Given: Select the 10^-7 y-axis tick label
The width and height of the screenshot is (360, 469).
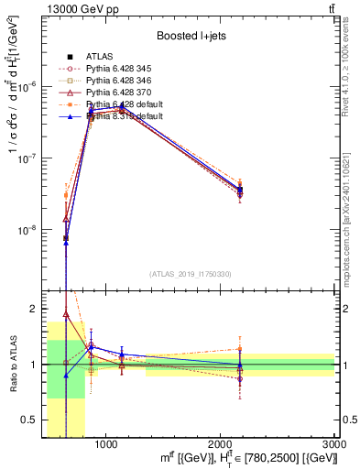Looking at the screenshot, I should [x=27, y=158].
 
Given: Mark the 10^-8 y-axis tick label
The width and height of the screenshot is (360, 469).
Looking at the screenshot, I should [x=27, y=231].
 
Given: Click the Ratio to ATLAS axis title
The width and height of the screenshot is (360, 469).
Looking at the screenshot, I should [x=12, y=365].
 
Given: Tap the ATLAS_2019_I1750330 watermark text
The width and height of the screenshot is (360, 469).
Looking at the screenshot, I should [x=191, y=274].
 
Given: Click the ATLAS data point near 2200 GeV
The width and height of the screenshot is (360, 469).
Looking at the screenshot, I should [x=240, y=191].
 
